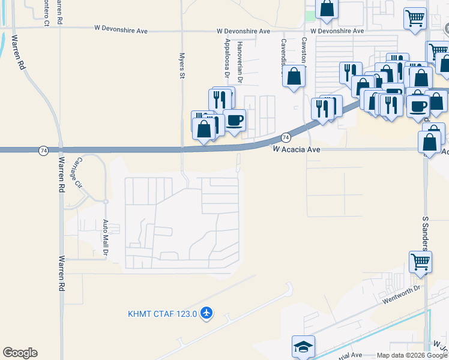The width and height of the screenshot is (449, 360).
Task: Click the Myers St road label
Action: coord(181,65)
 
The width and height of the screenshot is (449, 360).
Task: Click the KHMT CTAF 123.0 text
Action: coord(163,313)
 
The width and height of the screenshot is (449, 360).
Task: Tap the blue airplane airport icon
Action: coord(207,313)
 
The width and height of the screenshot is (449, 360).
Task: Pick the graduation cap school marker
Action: coord(303,346)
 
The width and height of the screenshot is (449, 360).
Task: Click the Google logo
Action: coord(20,353)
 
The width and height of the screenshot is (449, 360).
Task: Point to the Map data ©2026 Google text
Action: coord(412,355)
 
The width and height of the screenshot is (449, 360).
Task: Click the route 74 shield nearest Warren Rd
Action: coord(43,151)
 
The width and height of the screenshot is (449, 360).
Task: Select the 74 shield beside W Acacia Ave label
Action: coord(286,137)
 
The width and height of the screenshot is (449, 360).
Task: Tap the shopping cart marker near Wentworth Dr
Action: coord(420,262)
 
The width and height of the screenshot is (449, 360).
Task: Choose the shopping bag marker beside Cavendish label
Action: coord(294,76)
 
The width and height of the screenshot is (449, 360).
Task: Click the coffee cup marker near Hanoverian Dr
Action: coord(234,119)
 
